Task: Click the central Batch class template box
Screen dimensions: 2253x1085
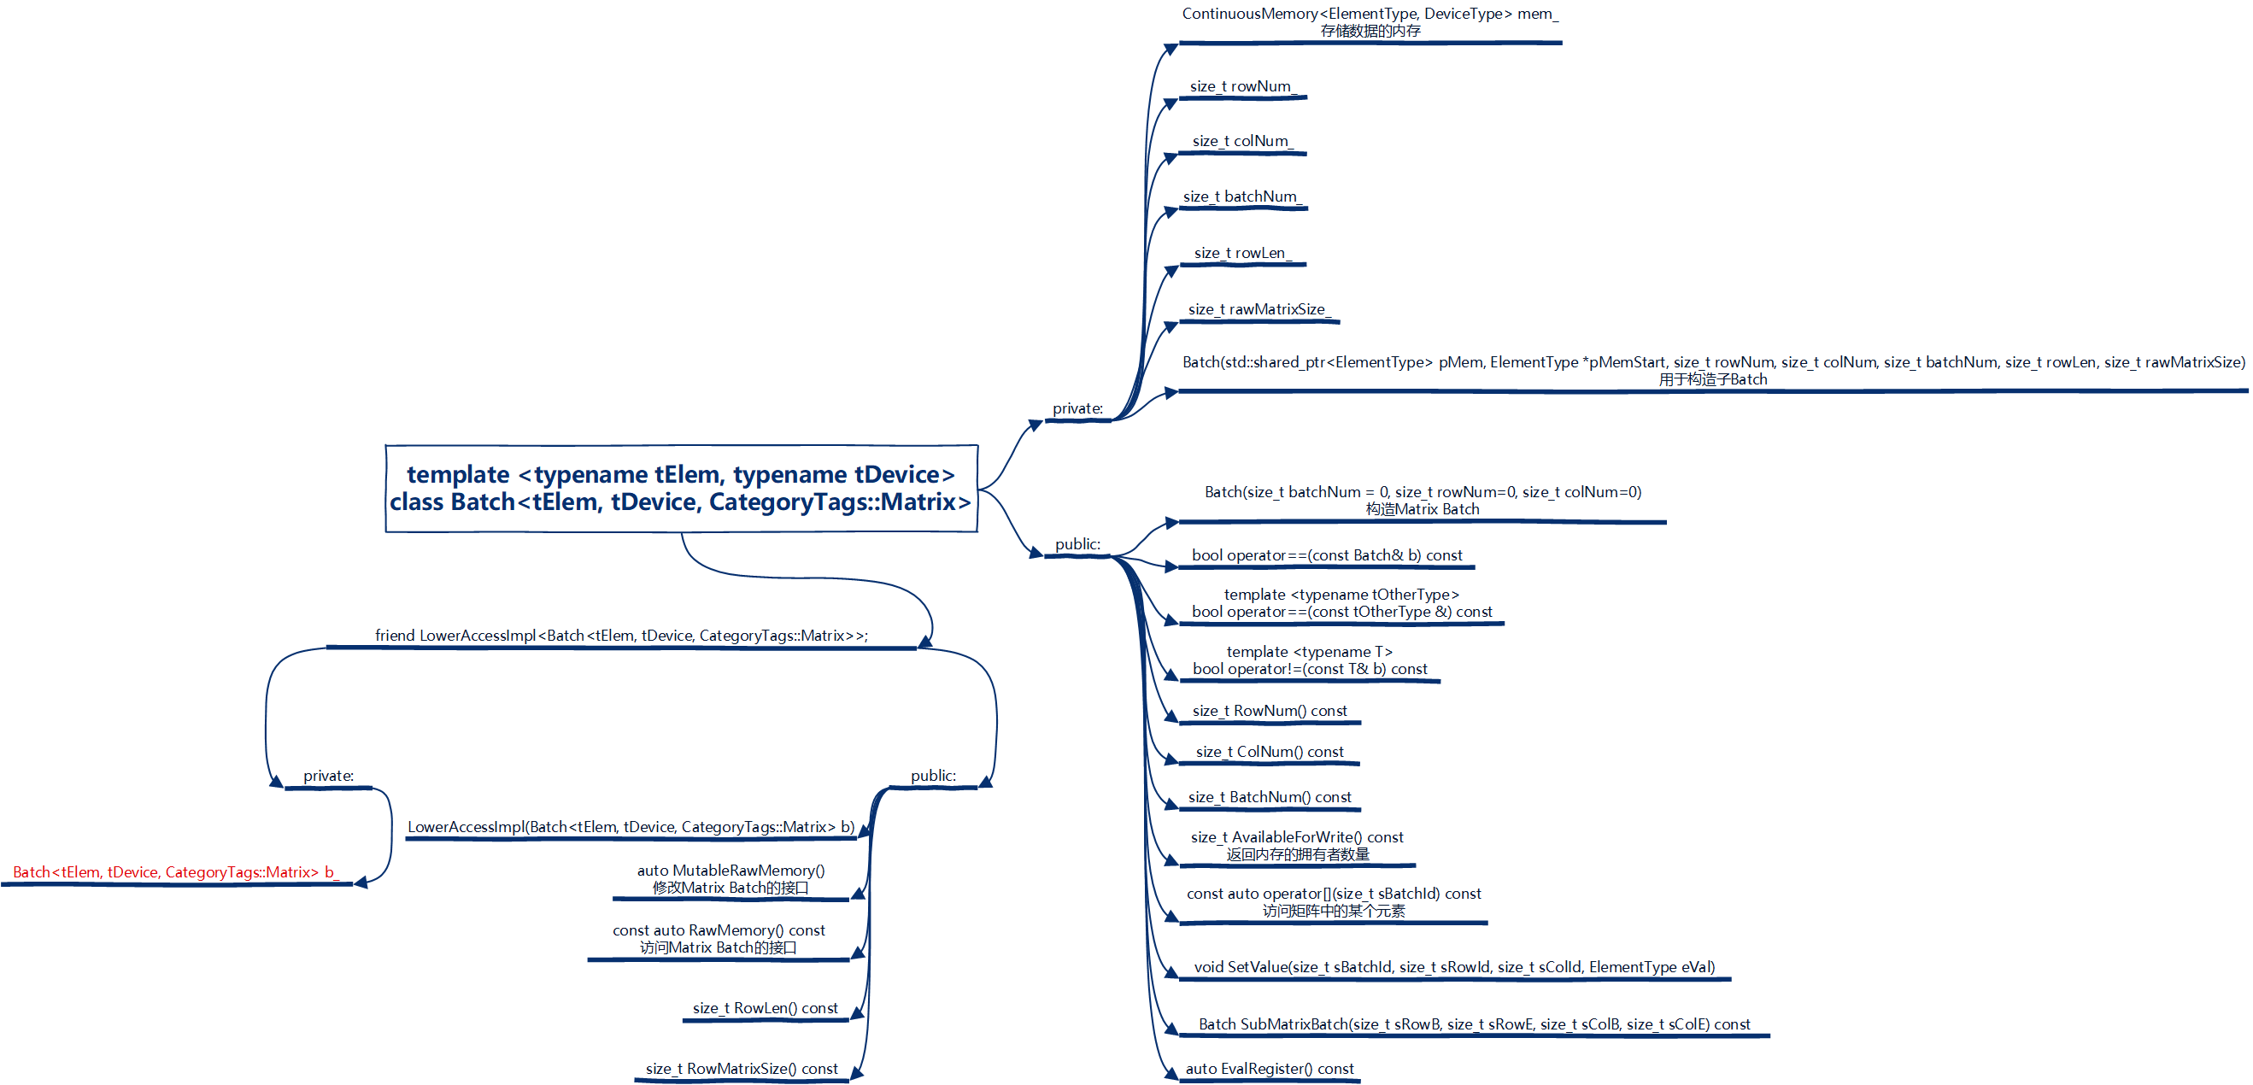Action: [x=680, y=488]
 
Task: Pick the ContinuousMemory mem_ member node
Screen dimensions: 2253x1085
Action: [x=1370, y=22]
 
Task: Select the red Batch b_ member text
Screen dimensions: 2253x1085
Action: [x=175, y=872]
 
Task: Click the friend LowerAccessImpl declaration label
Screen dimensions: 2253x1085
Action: [x=621, y=636]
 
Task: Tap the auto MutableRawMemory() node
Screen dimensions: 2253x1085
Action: [x=730, y=878]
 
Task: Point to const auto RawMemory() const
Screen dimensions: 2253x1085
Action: [x=718, y=939]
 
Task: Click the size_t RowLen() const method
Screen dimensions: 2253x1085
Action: [x=766, y=1008]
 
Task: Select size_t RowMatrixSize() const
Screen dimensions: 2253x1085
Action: [x=742, y=1069]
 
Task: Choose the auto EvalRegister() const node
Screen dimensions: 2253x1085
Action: [x=1269, y=1069]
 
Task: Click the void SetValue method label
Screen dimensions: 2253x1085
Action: [x=1453, y=967]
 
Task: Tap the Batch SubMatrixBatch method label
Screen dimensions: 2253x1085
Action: [x=1474, y=1024]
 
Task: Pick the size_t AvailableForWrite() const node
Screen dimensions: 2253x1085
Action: [x=1297, y=846]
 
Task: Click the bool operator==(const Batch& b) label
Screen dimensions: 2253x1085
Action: [x=1327, y=555]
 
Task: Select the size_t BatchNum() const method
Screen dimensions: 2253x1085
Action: [x=1269, y=797]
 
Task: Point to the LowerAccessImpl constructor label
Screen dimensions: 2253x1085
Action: [x=631, y=827]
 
